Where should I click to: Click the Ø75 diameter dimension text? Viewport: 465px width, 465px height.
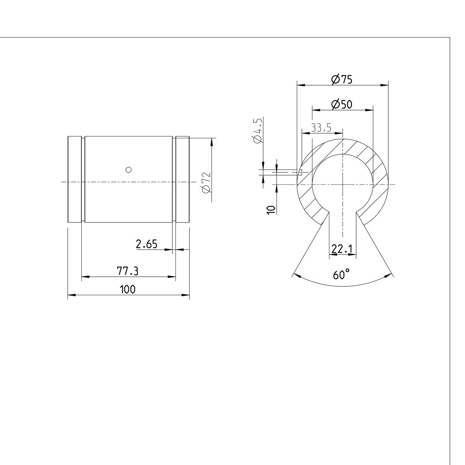click(x=341, y=79)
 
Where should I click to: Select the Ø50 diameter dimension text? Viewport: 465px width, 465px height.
click(x=341, y=104)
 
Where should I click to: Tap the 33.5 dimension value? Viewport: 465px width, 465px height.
click(x=321, y=128)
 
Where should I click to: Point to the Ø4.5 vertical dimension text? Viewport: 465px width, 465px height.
click(x=257, y=131)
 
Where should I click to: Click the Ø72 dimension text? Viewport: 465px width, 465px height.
click(x=206, y=183)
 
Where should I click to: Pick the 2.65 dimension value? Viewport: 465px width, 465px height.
click(x=147, y=244)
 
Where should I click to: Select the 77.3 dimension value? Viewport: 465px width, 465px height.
click(x=127, y=271)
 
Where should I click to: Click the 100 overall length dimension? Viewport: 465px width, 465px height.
click(x=127, y=289)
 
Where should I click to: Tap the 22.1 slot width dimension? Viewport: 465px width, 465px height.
click(x=342, y=249)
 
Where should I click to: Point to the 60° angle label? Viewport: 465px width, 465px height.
click(x=341, y=275)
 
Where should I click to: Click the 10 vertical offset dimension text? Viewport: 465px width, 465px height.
click(x=272, y=209)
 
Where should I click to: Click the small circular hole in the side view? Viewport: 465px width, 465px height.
click(x=129, y=169)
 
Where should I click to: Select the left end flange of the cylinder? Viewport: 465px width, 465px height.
click(x=74, y=179)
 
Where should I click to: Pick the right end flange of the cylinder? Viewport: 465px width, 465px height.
click(x=182, y=179)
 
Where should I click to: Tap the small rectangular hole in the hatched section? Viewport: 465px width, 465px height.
click(x=300, y=172)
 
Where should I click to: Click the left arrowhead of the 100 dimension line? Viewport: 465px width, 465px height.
click(x=71, y=296)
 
